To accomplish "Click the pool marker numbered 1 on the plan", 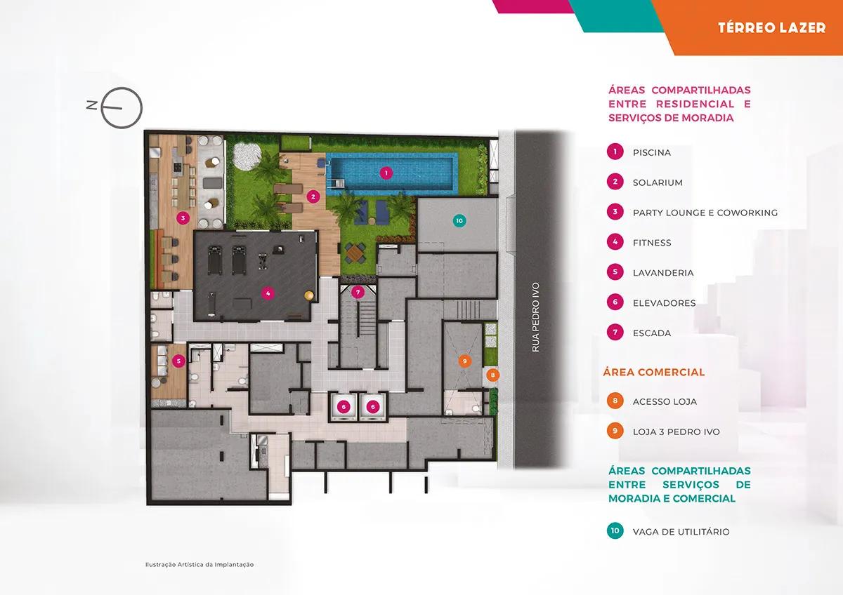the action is [386, 173].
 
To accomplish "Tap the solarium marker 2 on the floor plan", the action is [313, 196].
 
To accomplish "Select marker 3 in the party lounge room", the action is [183, 218].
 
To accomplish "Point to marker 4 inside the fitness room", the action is [268, 293].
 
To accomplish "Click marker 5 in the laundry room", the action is [178, 361].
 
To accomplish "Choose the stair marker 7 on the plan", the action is [358, 292].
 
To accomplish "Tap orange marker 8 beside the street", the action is [492, 375].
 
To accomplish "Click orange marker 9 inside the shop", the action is [464, 361].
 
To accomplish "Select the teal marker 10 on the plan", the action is [459, 220].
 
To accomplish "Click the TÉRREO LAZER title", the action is [771, 28].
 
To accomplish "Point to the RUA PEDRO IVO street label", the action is [536, 317].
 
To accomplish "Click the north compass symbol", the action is [122, 108].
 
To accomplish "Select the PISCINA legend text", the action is [652, 152].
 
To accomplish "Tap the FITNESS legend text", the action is [652, 243].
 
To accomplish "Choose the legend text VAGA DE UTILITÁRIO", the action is [681, 532].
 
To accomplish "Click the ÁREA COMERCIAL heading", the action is [654, 372].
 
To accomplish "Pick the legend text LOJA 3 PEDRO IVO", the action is [677, 432].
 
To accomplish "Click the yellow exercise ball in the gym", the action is [308, 295].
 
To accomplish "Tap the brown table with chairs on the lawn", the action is [355, 253].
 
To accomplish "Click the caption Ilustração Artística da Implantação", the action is [200, 565].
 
